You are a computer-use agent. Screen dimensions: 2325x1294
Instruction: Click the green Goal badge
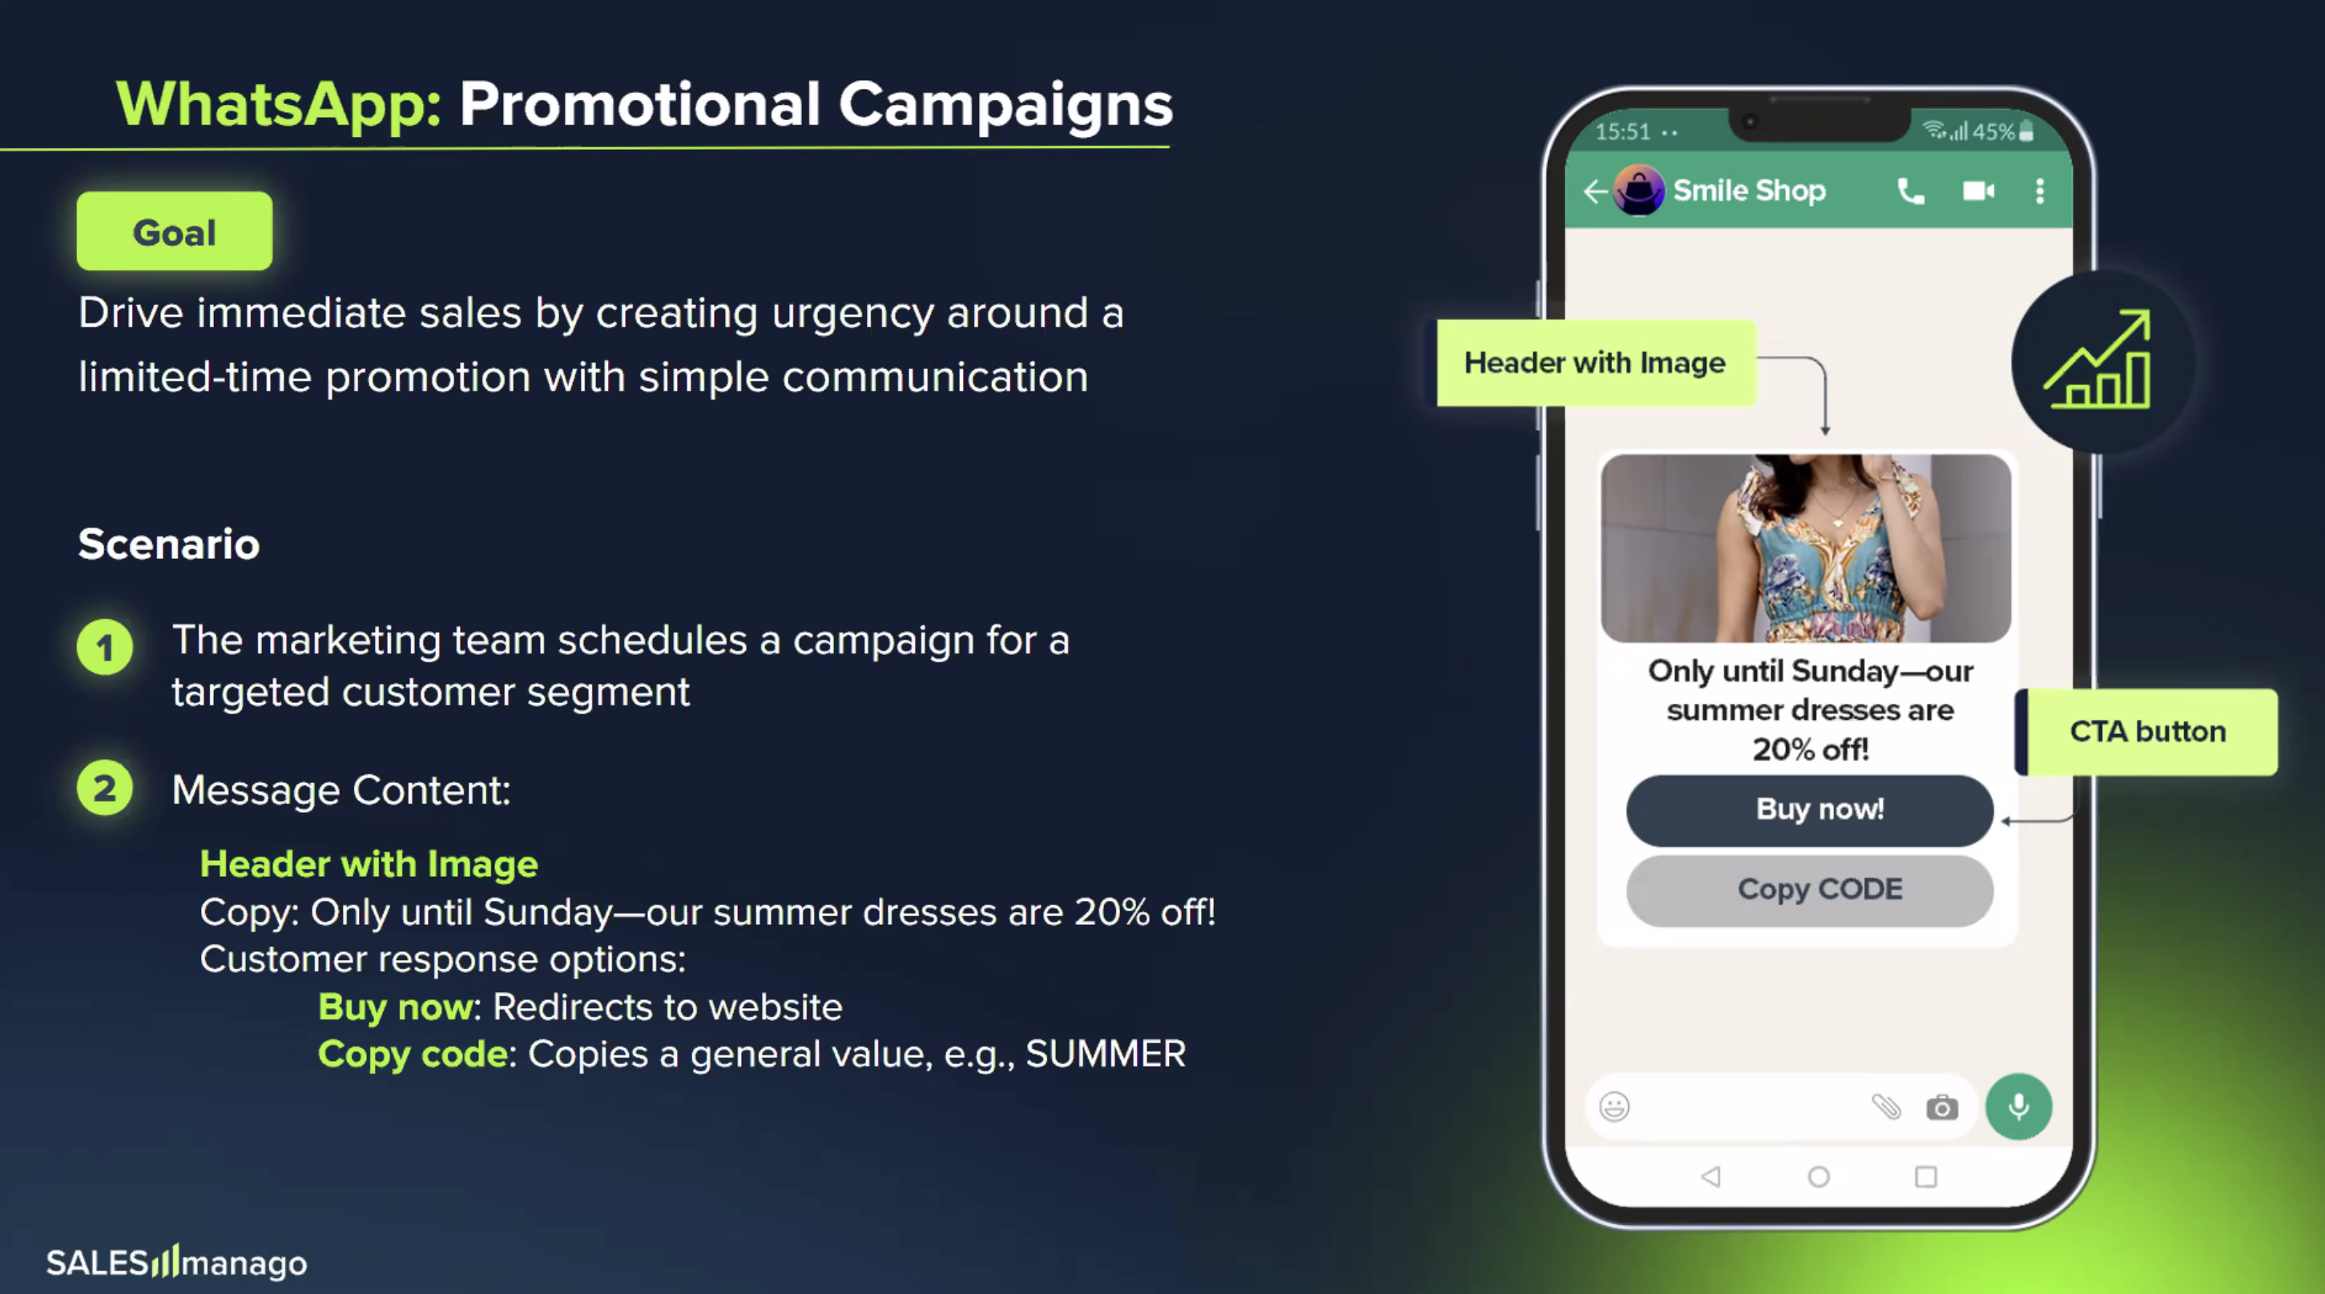(174, 231)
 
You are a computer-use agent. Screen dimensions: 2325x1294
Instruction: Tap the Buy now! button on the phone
(1810, 810)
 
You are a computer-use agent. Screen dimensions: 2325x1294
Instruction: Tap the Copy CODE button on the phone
(1810, 890)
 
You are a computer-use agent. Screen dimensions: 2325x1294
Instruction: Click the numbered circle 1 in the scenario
(105, 647)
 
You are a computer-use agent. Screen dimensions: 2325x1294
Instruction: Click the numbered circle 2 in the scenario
(105, 788)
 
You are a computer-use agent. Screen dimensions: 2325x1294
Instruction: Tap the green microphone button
(2018, 1107)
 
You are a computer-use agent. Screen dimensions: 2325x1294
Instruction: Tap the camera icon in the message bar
(1941, 1107)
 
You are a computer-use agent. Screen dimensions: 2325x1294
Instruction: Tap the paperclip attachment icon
(1886, 1107)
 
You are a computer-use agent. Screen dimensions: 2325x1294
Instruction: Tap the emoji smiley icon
(1614, 1107)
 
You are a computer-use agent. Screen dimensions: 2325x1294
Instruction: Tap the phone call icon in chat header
(1911, 191)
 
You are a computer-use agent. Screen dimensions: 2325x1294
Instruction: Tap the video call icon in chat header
(1978, 191)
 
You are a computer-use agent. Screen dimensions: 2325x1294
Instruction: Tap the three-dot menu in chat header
(2040, 191)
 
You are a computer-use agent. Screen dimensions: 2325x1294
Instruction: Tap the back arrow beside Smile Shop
(1595, 191)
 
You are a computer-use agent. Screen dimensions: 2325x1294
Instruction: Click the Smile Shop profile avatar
(1638, 191)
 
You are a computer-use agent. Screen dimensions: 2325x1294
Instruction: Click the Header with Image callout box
(1596, 363)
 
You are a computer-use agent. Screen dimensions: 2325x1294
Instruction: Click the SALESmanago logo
(177, 1261)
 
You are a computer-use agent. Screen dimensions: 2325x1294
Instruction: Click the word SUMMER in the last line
(1106, 1054)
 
